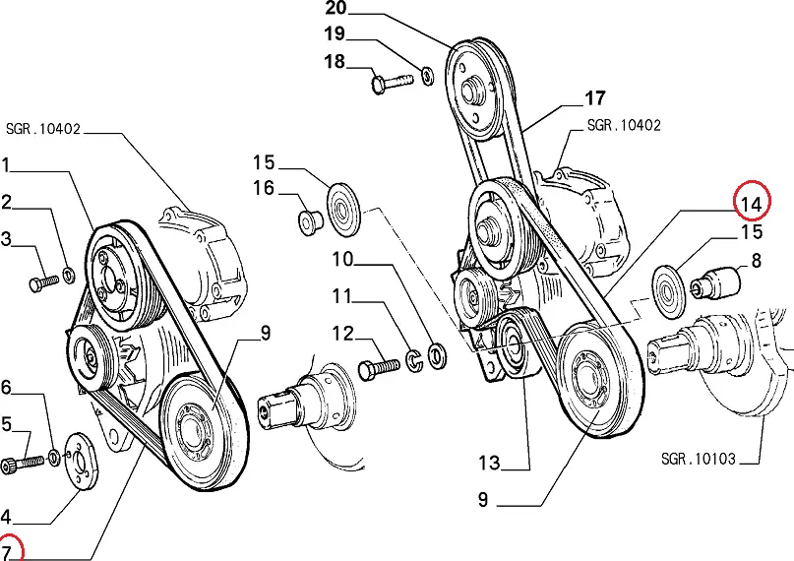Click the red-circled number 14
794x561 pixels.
tap(752, 204)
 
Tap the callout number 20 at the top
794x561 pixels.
tap(336, 11)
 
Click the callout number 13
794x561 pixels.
tap(489, 464)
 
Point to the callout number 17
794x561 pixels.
tap(594, 98)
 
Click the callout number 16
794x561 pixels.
tap(264, 187)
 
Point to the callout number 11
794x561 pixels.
tap(340, 295)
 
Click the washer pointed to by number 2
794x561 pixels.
tap(68, 272)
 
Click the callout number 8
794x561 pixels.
tap(756, 261)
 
